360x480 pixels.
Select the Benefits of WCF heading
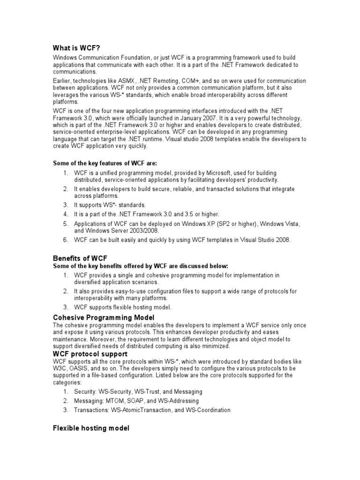click(80, 258)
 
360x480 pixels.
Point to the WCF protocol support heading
click(90, 354)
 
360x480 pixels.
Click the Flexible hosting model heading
click(91, 428)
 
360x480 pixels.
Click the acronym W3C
click(60, 368)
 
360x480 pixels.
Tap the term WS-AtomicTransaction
click(146, 410)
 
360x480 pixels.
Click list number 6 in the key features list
click(66, 240)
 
